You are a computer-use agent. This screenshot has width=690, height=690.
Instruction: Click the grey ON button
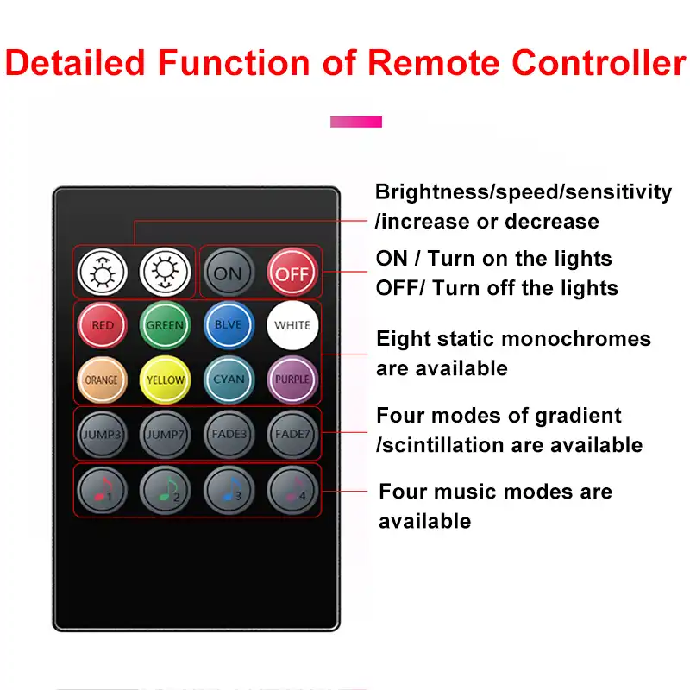click(x=229, y=273)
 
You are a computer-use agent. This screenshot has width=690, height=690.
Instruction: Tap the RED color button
click(x=103, y=325)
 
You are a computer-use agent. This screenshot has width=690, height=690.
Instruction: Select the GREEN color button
click(x=165, y=325)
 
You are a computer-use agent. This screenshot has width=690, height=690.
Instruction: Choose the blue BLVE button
click(x=229, y=325)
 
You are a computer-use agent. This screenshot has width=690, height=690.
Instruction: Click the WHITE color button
click(x=292, y=325)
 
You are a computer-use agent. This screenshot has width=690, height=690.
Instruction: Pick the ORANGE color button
click(x=102, y=379)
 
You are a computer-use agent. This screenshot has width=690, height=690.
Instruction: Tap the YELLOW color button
click(x=165, y=379)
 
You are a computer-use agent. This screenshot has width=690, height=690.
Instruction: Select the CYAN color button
click(x=229, y=379)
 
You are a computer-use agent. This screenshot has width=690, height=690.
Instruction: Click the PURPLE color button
click(x=292, y=379)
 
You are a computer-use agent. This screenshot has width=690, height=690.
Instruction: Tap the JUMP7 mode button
click(x=165, y=434)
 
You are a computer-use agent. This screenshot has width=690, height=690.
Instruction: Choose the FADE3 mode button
click(x=229, y=434)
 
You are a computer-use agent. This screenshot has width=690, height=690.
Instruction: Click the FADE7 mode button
click(x=292, y=434)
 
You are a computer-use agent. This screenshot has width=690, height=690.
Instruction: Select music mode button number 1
click(x=102, y=490)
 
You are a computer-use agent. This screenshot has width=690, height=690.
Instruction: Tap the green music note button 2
click(x=165, y=490)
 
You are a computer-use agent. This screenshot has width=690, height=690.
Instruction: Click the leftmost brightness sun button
click(x=102, y=273)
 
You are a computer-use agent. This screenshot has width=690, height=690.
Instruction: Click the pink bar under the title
click(x=355, y=122)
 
